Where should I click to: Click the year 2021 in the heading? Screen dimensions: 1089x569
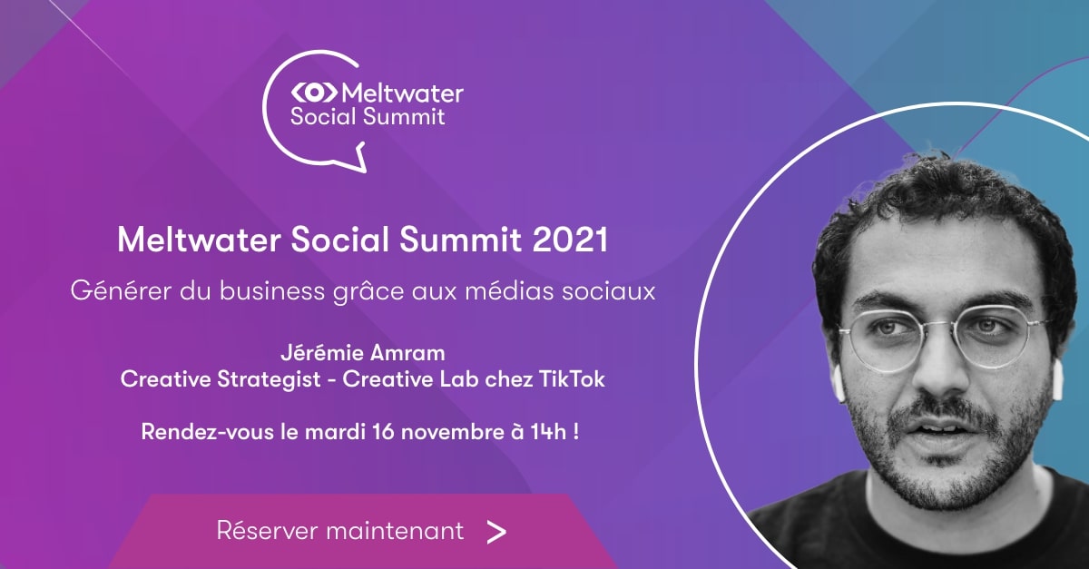(x=570, y=240)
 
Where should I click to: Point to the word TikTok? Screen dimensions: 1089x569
(x=572, y=379)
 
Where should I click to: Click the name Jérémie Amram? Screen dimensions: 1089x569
(x=363, y=353)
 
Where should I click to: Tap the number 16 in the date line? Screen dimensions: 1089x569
(x=384, y=432)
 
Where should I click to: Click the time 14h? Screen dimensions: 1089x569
(x=548, y=432)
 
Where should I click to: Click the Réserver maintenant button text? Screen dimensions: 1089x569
(x=339, y=530)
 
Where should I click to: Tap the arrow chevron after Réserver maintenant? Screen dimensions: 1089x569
(x=496, y=532)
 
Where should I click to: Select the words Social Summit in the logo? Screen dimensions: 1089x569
(x=368, y=117)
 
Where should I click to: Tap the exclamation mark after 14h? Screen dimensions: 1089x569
(x=576, y=432)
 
